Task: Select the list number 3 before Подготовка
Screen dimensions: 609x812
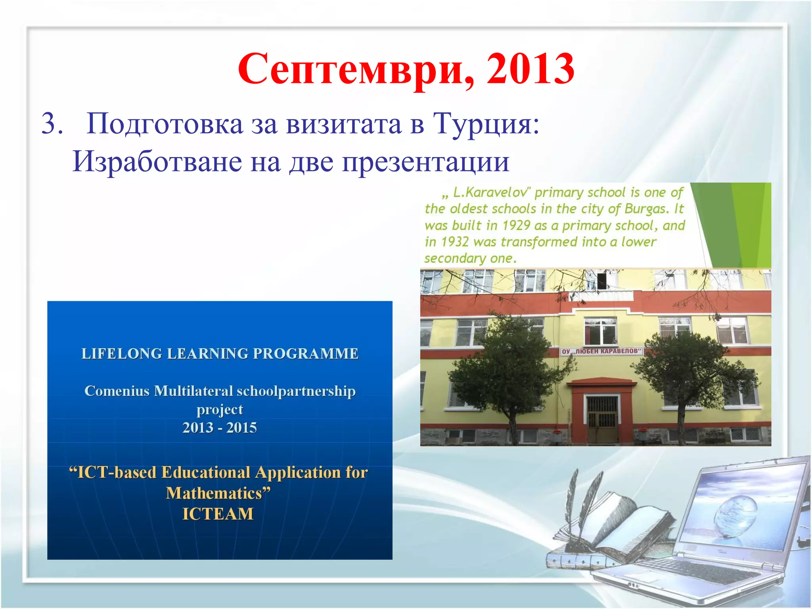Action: tap(52, 124)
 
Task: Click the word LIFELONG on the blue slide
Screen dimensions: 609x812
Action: tap(121, 354)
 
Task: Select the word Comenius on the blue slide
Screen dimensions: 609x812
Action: tap(117, 391)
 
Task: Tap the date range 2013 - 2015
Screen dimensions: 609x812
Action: tap(219, 428)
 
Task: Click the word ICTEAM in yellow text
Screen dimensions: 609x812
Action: tap(218, 514)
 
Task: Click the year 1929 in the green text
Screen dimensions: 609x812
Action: tap(516, 226)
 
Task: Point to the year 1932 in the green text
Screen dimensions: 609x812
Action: tap(454, 242)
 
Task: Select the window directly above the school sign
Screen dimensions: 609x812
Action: tap(600, 331)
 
